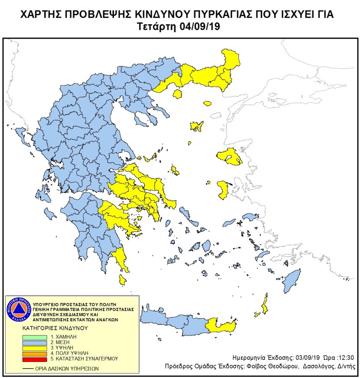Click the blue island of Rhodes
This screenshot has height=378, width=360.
point(292,280)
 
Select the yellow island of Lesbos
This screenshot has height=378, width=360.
point(229,156)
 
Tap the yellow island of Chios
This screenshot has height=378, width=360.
point(223,190)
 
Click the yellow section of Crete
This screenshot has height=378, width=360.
point(221,326)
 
